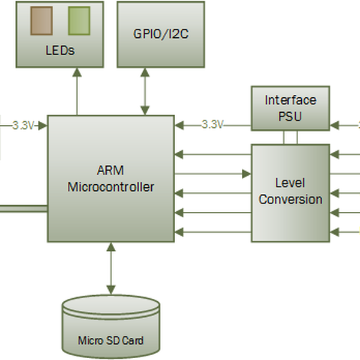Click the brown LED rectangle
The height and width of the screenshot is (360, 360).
coord(41,21)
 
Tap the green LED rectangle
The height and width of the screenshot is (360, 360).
coord(79,21)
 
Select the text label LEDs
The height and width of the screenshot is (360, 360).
coord(60,50)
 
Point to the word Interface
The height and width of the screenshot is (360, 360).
coord(290,100)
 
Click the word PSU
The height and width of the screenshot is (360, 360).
coord(290,116)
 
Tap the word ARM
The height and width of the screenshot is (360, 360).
coord(110,170)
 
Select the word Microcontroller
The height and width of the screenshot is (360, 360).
coord(110,187)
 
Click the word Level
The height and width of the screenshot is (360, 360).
coord(290,182)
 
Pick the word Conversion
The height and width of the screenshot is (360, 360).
coord(290,199)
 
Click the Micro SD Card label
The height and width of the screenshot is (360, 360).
coord(111,341)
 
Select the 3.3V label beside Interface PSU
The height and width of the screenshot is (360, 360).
coord(212,125)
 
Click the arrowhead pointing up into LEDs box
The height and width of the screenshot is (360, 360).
coord(77,71)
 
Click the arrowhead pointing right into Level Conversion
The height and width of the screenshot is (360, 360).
coord(247,174)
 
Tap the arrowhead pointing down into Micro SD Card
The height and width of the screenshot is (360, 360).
coord(110,290)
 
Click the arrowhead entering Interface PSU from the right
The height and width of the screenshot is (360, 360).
coord(334,125)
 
